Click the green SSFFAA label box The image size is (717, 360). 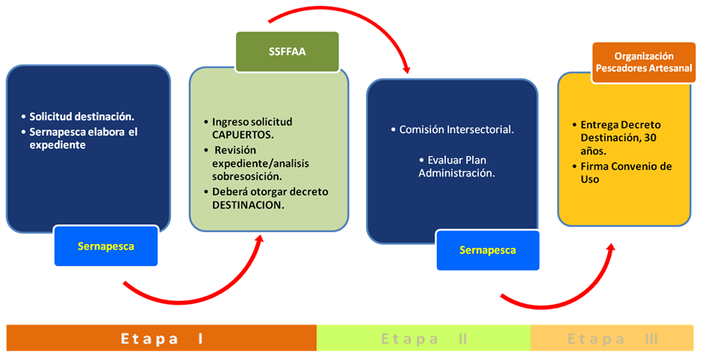288,52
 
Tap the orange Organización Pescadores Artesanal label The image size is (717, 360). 644,62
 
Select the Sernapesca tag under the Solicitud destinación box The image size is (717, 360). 106,246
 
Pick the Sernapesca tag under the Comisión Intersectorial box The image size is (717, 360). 488,250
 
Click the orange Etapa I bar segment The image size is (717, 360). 162,338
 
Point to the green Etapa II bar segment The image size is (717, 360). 423,338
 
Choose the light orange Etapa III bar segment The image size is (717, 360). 612,338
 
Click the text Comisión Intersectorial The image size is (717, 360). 456,130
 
